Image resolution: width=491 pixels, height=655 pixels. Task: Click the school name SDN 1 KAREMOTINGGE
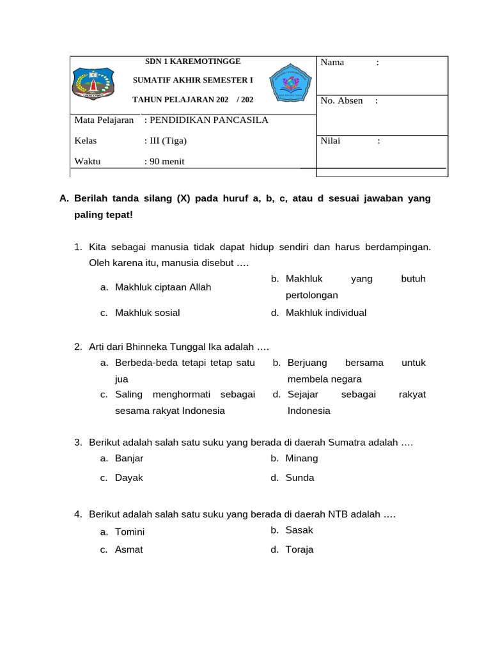click(x=192, y=61)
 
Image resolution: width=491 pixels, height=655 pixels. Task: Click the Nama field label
click(x=332, y=62)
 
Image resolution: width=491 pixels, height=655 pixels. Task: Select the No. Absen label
click(x=341, y=100)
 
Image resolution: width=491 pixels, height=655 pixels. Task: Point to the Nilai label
click(x=331, y=141)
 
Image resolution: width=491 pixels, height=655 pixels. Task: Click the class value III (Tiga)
click(x=168, y=141)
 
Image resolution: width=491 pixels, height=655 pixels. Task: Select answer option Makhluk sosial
click(x=147, y=313)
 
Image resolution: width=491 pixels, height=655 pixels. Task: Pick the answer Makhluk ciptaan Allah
click(x=162, y=287)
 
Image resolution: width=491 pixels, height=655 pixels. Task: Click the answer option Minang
click(x=301, y=458)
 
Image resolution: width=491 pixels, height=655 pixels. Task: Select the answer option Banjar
click(x=129, y=458)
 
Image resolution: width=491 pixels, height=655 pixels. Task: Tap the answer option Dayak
click(x=129, y=478)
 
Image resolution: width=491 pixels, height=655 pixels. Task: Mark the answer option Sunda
click(x=300, y=478)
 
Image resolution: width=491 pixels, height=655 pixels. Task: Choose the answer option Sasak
click(x=299, y=530)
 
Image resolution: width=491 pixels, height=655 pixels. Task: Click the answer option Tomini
click(x=130, y=532)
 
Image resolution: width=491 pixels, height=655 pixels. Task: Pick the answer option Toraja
click(x=299, y=549)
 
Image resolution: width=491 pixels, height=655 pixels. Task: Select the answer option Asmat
click(x=129, y=549)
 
